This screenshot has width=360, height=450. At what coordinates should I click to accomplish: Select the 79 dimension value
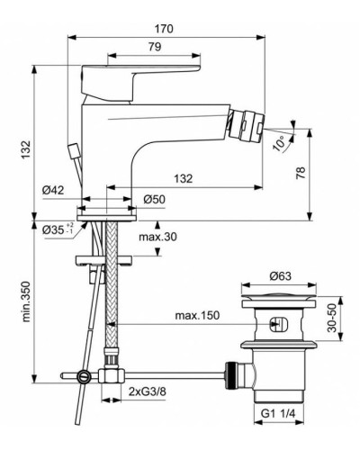tap(154, 47)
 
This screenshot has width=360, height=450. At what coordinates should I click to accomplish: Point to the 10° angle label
tap(282, 141)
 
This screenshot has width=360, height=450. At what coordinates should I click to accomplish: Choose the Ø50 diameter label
tap(154, 198)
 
